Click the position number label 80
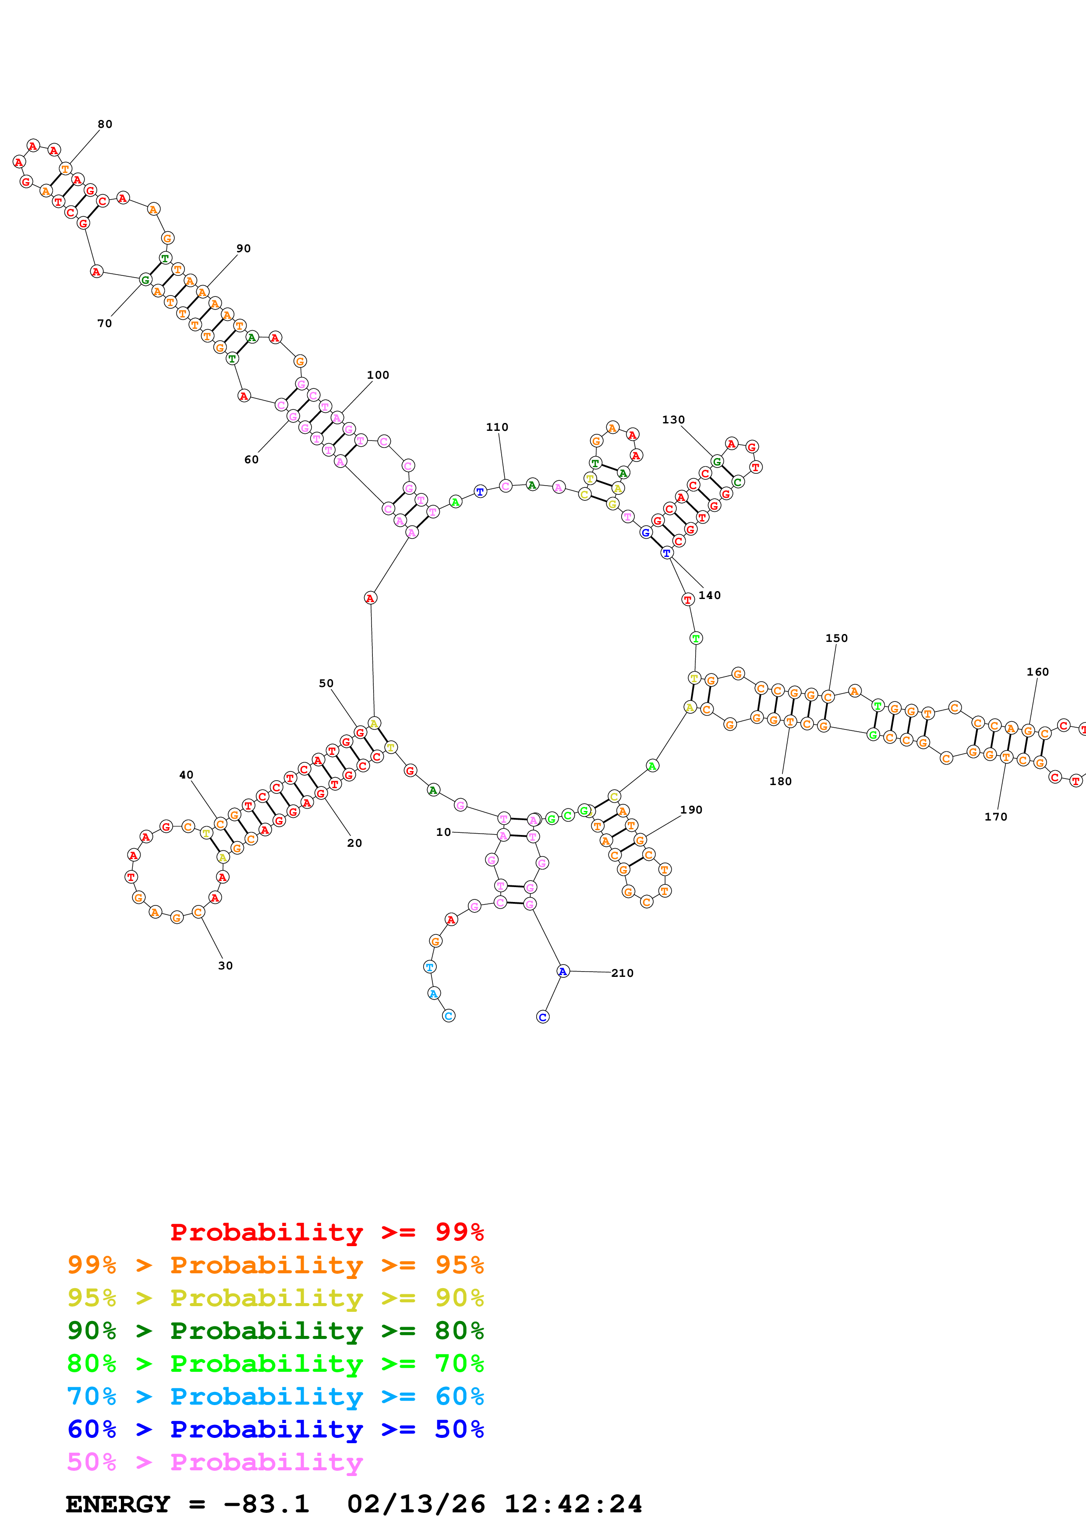[105, 124]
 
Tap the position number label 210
[622, 973]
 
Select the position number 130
[673, 420]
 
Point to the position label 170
[996, 817]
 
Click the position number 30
[226, 966]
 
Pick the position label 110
[497, 427]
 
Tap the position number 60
[251, 460]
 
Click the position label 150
[836, 638]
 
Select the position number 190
[691, 810]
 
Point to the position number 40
[186, 775]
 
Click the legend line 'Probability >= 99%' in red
[326, 1232]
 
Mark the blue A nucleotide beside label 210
[563, 971]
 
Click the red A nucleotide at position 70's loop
[96, 271]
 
